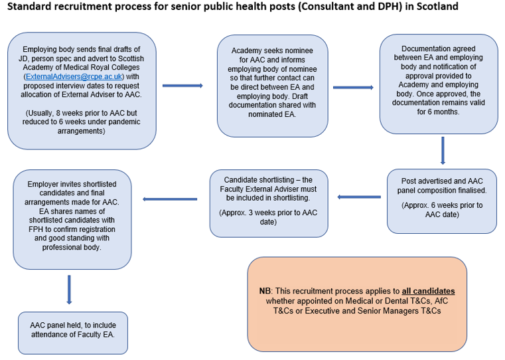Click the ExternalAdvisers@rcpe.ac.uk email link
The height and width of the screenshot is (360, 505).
74,76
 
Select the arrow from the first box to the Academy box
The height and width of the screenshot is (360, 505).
182,86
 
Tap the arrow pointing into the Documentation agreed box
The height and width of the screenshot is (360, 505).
353,87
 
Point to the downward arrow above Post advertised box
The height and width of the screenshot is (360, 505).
443,151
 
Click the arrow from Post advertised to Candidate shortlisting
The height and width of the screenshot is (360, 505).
359,197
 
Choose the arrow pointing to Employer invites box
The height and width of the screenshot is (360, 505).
170,199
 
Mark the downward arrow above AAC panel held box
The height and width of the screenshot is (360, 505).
69,290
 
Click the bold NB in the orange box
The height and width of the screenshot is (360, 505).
265,291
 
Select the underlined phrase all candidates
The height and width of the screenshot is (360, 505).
428,291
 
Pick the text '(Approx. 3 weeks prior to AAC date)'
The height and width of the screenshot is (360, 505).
268,217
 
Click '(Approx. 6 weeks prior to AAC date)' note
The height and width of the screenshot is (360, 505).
442,210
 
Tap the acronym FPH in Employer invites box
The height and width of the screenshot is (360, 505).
35,229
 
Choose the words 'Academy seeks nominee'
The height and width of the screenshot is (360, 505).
272,50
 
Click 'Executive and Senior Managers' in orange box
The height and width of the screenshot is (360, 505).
362,311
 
